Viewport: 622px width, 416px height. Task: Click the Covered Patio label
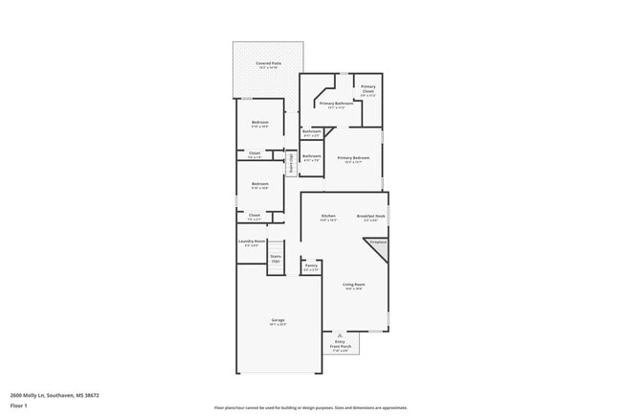tap(268, 64)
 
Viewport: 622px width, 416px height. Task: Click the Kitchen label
tap(328, 218)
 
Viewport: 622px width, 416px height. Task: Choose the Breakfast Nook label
tap(371, 218)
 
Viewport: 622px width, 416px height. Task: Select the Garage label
tap(278, 321)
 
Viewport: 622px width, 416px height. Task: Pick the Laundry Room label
tap(252, 243)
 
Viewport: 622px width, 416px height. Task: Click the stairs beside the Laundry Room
tap(276, 259)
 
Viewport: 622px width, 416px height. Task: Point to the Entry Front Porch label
tap(342, 344)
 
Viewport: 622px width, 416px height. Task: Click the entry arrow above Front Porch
tap(340, 334)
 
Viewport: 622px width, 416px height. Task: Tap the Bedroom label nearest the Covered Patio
tap(260, 124)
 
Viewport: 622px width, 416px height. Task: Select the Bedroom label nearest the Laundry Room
tap(260, 185)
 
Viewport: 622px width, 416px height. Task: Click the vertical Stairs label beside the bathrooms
tap(291, 162)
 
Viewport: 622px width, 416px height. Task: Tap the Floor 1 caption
tap(19, 406)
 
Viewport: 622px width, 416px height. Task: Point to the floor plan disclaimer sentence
tap(311, 407)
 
